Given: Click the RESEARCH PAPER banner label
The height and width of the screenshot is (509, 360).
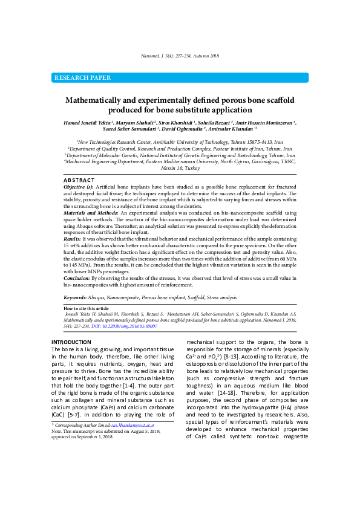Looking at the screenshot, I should click(83, 78).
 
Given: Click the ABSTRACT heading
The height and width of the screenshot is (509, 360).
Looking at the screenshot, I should click(79, 180).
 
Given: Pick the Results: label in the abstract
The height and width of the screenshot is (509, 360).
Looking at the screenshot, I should click(73, 240).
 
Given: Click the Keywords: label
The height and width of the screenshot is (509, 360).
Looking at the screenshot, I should click(78, 298).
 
